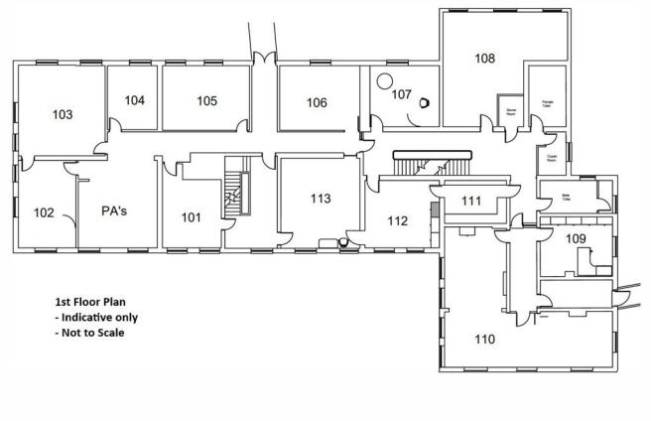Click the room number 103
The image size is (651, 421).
tap(62, 115)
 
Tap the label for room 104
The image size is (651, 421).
tap(135, 100)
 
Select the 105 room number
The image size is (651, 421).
tap(206, 100)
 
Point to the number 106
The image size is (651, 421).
tap(316, 102)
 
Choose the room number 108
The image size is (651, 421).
tap(484, 59)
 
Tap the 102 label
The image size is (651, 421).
tap(44, 211)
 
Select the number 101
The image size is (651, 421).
tap(189, 216)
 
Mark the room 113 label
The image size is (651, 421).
tap(320, 199)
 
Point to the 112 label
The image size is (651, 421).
tap(397, 220)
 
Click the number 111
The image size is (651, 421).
tap(471, 202)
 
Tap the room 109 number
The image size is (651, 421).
tap(576, 238)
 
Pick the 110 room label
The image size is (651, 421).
tap(484, 340)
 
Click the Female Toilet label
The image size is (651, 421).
tap(547, 102)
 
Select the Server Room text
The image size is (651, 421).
tap(512, 110)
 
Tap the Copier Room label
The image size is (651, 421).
tap(551, 157)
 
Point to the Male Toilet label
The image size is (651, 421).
tap(569, 197)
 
